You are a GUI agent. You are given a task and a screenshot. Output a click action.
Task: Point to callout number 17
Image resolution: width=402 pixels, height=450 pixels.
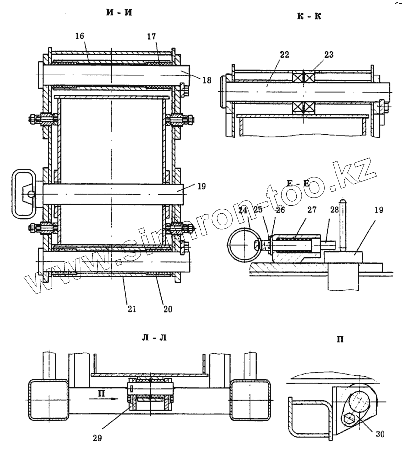tap(152, 36)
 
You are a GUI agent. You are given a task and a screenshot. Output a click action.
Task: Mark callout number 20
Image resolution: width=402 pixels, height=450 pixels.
tap(167, 309)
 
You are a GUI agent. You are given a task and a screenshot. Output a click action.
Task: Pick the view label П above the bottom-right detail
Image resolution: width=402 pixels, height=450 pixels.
tap(341, 341)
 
